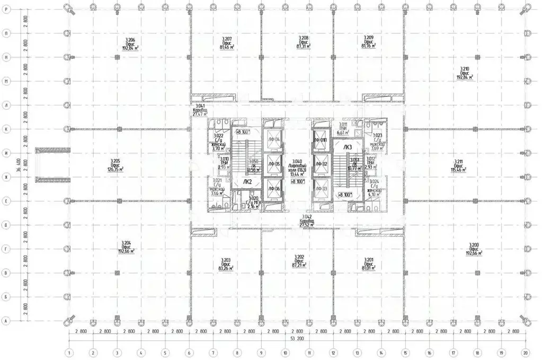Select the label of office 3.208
click(x=303, y=42)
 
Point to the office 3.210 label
click(x=464, y=73)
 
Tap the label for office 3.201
click(x=369, y=264)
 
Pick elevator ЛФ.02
click(x=321, y=164)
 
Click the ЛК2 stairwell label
click(x=247, y=181)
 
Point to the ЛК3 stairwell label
click(x=348, y=147)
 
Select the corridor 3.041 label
click(x=199, y=110)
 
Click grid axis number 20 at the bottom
click(x=525, y=352)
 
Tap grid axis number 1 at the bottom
click(x=68, y=352)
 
